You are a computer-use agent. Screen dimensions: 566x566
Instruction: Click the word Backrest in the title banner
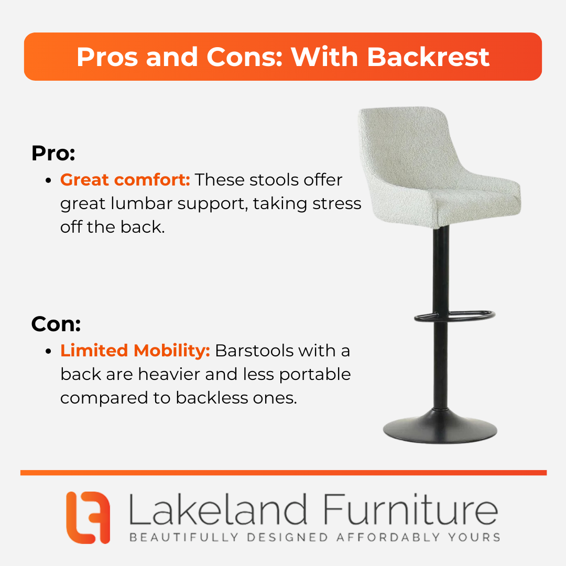pos(428,57)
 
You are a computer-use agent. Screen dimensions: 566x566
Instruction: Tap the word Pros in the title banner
pos(107,57)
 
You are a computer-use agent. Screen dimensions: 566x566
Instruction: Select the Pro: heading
pos(53,153)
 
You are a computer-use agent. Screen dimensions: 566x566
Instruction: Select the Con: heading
pos(56,324)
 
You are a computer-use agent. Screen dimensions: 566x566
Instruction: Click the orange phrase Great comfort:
pos(125,180)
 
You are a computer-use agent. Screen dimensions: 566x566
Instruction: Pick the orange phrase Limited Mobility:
pos(135,351)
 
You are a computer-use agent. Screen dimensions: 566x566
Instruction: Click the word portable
pos(315,375)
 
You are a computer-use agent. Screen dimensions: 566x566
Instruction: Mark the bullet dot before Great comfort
pos(49,180)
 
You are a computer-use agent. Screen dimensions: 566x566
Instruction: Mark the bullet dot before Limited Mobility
pos(49,351)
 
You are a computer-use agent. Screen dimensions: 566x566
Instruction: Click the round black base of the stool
pos(440,429)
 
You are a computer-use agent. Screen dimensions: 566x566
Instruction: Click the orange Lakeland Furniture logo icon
pos(88,517)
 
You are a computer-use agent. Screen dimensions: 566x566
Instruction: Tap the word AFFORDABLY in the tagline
pos(388,538)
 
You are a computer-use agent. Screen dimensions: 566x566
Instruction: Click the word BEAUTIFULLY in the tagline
pos(184,538)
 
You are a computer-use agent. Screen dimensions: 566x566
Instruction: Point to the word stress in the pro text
pos(337,203)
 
